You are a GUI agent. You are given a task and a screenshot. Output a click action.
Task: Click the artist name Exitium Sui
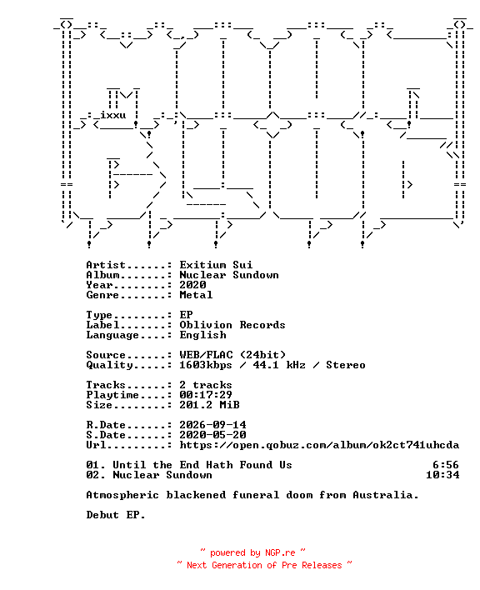click(x=216, y=265)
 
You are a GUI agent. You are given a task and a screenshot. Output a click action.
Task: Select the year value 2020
click(x=192, y=285)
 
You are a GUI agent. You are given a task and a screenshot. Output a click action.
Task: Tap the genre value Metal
click(x=196, y=295)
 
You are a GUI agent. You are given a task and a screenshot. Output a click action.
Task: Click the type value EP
click(x=186, y=315)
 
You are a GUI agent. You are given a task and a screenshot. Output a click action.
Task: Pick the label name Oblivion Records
click(x=232, y=325)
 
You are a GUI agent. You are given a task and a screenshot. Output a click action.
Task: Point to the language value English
click(x=202, y=335)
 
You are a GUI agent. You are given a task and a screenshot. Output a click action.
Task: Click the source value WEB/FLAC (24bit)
click(x=232, y=355)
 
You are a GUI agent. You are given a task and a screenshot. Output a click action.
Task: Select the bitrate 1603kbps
click(x=206, y=365)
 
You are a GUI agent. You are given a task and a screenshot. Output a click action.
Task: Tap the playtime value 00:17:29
click(x=206, y=395)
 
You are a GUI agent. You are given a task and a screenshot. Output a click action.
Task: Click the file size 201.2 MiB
click(x=209, y=405)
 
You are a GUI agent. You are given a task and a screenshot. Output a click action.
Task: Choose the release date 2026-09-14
click(x=212, y=425)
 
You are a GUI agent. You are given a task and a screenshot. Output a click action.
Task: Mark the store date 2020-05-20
click(x=212, y=435)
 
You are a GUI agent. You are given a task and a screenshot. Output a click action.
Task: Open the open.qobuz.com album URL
click(x=319, y=445)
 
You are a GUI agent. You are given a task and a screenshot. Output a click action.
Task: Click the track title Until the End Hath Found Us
click(x=202, y=465)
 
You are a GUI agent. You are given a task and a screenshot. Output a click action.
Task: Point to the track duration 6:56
click(x=446, y=465)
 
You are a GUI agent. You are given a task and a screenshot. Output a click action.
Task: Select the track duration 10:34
click(x=442, y=475)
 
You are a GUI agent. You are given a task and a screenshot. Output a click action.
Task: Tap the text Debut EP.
click(x=116, y=515)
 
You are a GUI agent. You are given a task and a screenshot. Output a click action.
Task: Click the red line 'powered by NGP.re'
click(x=252, y=552)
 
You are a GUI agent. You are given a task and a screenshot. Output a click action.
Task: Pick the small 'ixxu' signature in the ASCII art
click(x=112, y=115)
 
